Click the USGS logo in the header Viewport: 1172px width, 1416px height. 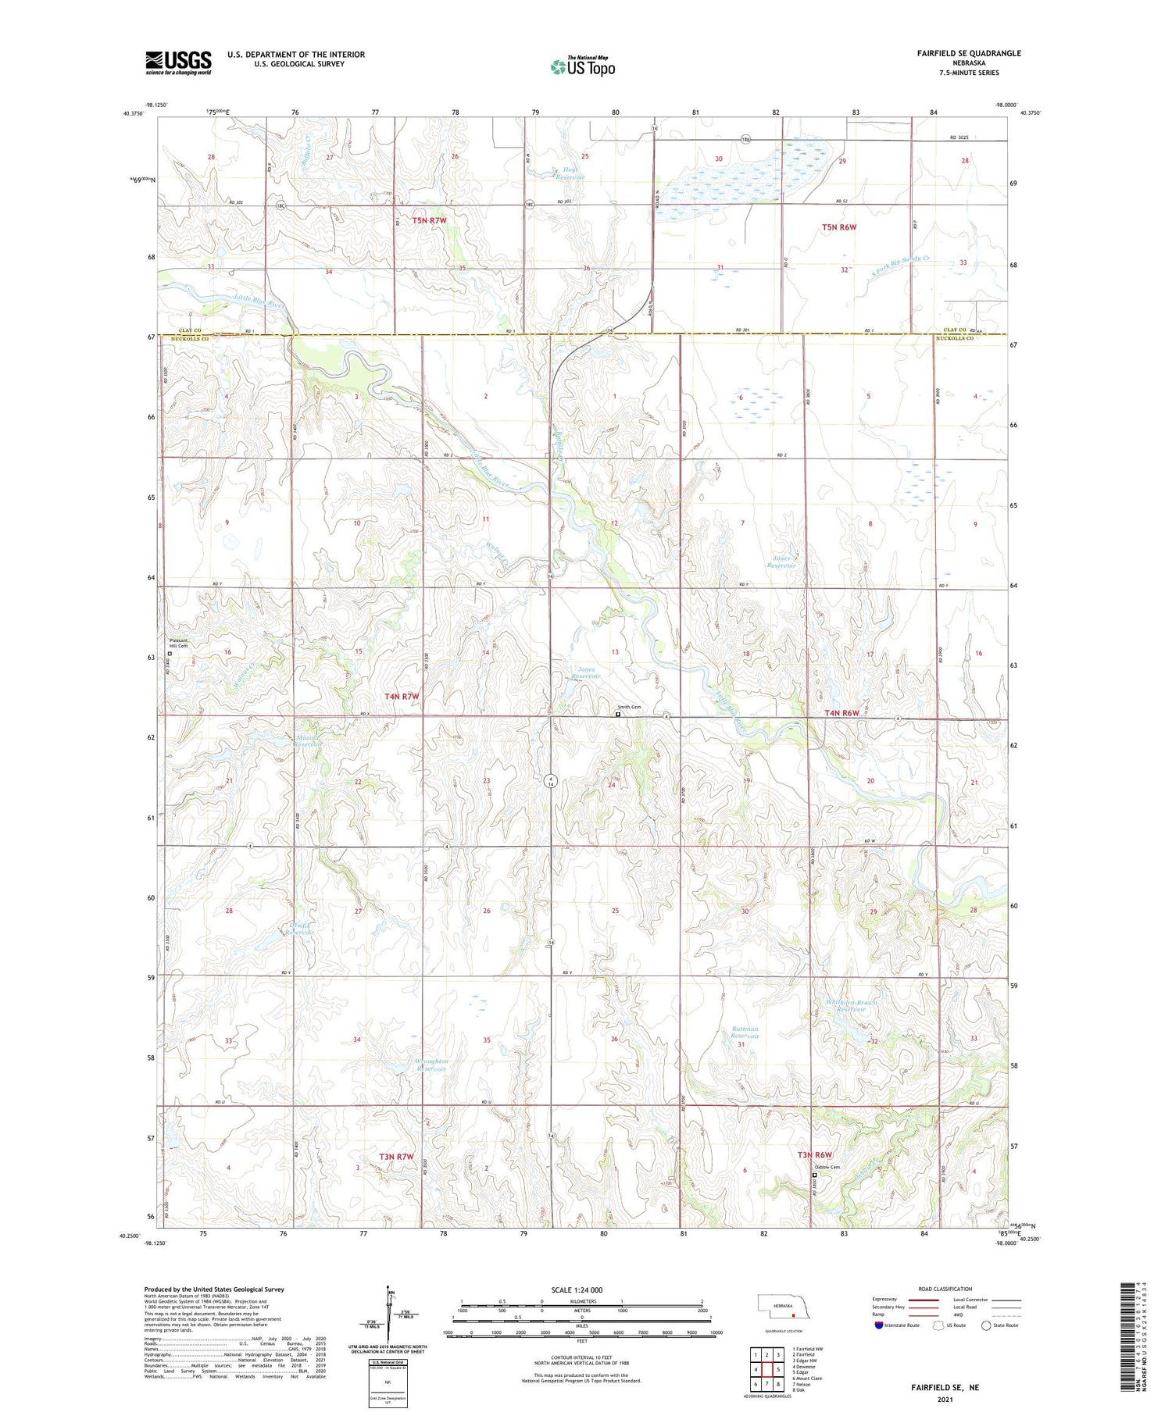(x=178, y=62)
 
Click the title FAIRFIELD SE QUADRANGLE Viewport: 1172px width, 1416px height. (x=968, y=53)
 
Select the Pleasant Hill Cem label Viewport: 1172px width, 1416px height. (x=180, y=644)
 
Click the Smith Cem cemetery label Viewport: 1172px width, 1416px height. (x=630, y=708)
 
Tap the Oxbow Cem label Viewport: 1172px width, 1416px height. (x=828, y=1168)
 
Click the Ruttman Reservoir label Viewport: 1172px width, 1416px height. (x=745, y=1033)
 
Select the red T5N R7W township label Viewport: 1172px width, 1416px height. (x=430, y=221)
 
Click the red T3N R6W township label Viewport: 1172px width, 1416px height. (x=814, y=1155)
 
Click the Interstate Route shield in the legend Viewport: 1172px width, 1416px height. (x=880, y=1325)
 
